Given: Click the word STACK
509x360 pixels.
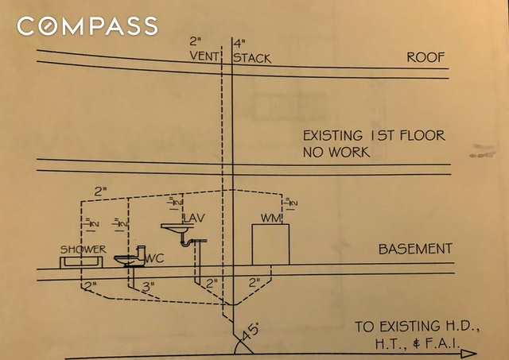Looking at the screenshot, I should point(253,58).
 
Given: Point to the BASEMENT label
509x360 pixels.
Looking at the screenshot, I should point(415,250).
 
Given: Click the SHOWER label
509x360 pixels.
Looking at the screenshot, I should point(84,250).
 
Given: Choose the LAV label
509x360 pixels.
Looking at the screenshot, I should point(194,218).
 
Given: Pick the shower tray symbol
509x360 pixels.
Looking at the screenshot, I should point(84,260).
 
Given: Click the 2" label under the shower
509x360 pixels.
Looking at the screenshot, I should point(87,284).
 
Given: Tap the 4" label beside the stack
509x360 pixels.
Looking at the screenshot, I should point(237,42).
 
